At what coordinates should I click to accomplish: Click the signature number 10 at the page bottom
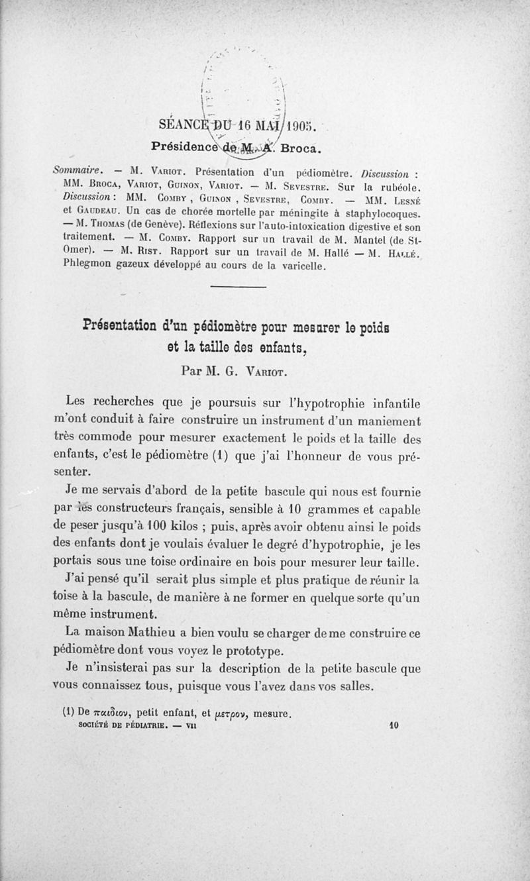[393, 726]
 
